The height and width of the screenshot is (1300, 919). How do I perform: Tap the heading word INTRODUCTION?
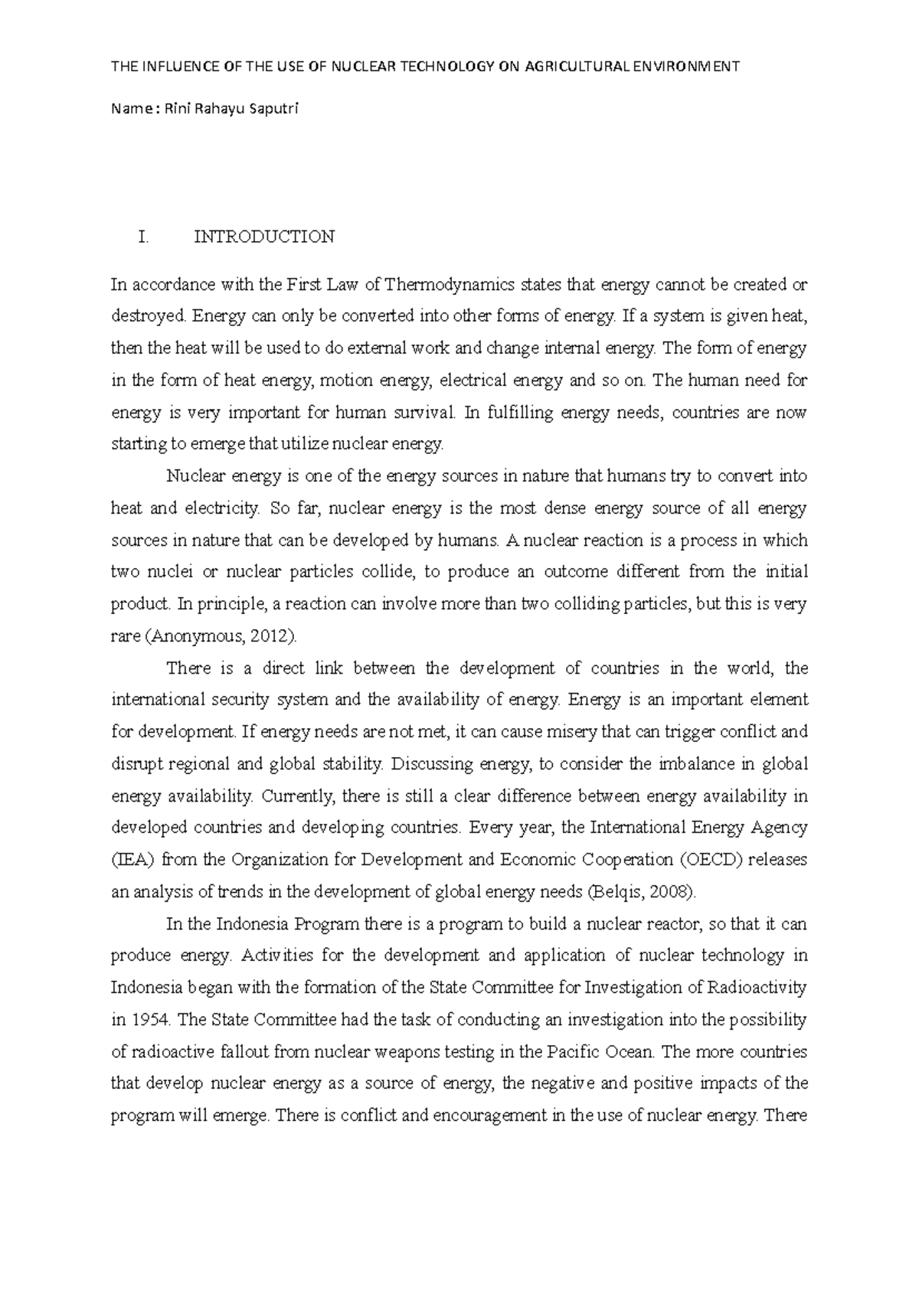click(264, 237)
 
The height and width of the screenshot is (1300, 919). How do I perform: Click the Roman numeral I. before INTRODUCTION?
click(142, 237)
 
